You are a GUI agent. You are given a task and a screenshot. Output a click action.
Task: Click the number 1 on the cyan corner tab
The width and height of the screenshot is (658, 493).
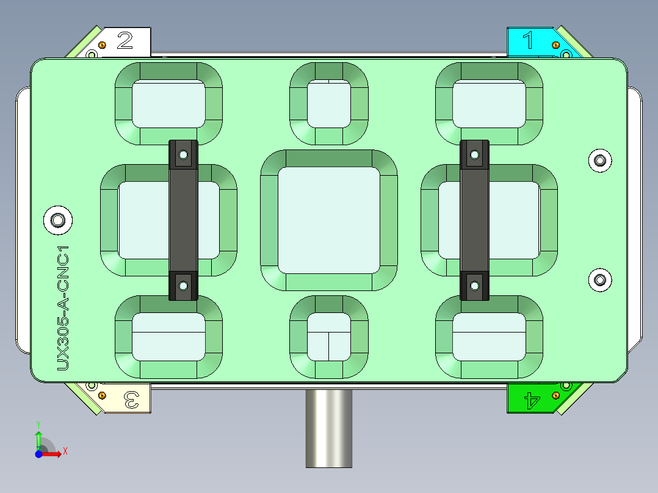[x=529, y=41]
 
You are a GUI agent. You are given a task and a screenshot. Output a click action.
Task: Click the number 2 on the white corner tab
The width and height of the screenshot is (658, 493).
[x=125, y=41]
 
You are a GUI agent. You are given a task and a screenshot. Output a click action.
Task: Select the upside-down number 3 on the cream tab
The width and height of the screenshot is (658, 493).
[x=131, y=400]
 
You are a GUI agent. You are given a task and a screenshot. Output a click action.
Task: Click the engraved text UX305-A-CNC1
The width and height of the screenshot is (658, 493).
[x=63, y=308]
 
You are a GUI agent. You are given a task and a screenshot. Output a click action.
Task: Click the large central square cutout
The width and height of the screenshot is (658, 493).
[x=328, y=220]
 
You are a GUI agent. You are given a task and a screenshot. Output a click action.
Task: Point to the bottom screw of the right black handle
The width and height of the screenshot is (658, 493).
[x=474, y=284]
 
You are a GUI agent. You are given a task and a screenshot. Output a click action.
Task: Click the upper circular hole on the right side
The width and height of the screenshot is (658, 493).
[x=600, y=160]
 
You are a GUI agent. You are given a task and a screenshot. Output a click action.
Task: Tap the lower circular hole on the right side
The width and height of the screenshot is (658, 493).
[x=600, y=280]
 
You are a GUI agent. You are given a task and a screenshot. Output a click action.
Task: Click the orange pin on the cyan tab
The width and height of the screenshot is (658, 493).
[x=555, y=45]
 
